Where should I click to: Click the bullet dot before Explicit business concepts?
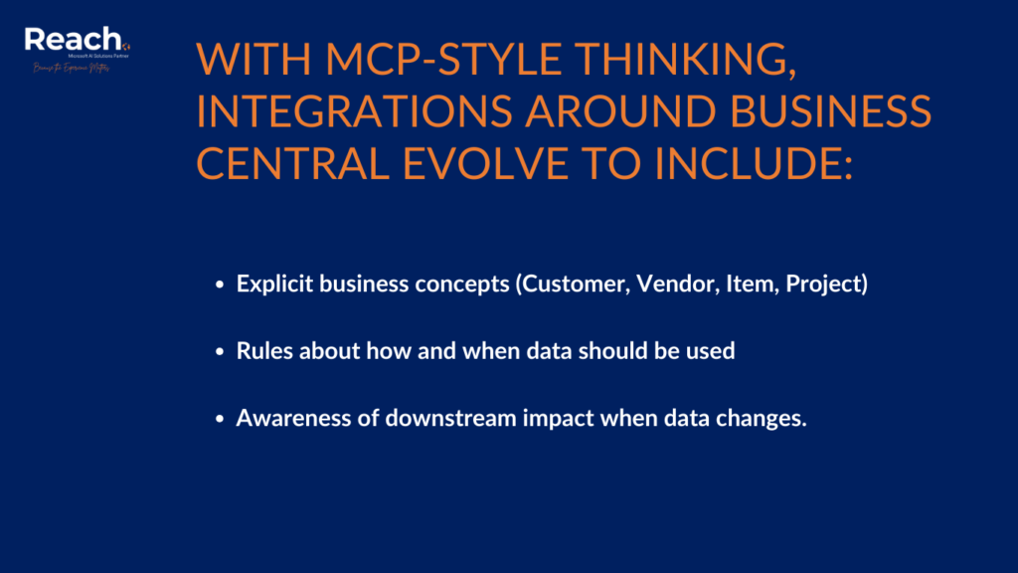[220, 286]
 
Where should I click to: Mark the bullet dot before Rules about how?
[220, 352]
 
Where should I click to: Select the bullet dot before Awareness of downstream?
[220, 419]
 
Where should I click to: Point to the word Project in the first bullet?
[825, 285]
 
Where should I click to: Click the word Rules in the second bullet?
[261, 351]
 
